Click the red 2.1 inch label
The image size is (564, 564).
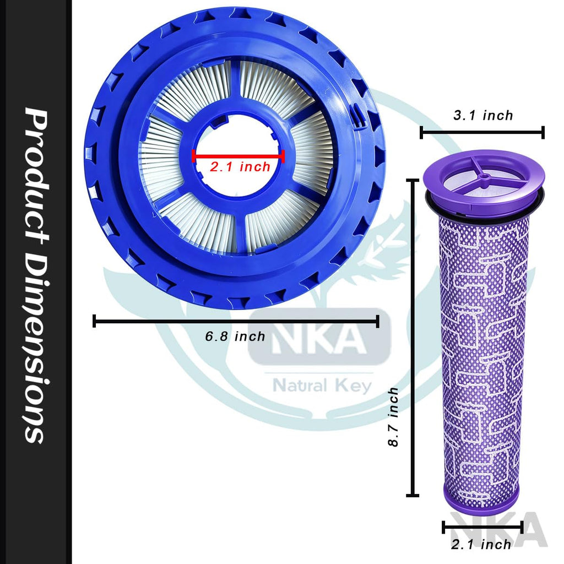point(240,167)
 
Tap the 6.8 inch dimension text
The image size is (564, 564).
point(235,337)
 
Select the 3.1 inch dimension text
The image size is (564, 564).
point(483,116)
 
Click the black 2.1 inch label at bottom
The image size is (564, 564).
point(481,544)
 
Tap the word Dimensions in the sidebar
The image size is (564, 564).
point(35,346)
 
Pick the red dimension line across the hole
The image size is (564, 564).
point(238,156)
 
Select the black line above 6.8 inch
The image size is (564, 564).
point(236,321)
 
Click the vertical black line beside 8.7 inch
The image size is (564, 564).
point(413,338)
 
